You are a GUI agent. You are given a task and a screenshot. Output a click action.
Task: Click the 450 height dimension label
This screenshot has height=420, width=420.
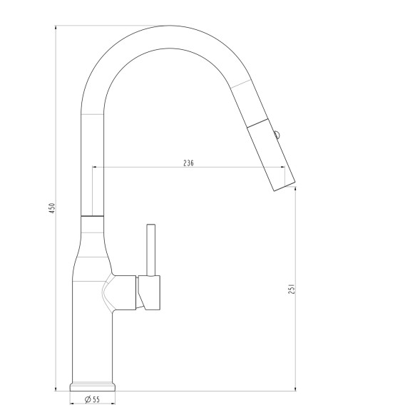tap(53, 208)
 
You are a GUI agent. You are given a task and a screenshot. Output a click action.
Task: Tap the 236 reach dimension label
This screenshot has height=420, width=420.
tap(188, 163)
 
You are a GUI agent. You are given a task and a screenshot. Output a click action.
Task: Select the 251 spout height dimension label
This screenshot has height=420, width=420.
tap(292, 289)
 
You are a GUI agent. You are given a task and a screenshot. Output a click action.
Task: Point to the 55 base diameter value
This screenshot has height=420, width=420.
tap(96, 399)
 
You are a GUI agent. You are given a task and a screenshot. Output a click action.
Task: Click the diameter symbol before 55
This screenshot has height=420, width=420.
tap(88, 399)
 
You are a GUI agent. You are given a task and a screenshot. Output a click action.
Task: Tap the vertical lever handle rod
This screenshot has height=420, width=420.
tap(151, 250)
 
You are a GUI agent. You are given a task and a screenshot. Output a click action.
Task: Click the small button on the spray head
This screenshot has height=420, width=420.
tap(277, 135)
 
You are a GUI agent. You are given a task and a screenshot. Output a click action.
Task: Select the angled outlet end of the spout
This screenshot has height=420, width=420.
tap(284, 187)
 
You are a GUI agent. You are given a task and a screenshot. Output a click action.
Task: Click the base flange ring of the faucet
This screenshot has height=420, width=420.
tap(93, 387)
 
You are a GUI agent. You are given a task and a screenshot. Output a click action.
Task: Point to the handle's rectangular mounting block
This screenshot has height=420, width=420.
tap(149, 292)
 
